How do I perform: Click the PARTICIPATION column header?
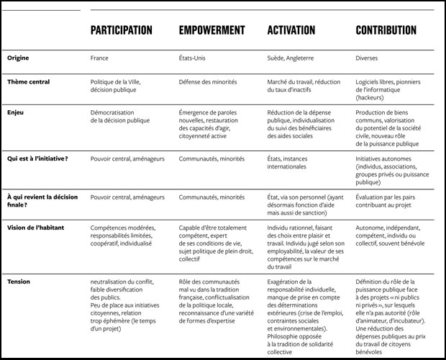(x=121, y=30)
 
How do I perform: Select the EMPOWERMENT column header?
(x=211, y=30)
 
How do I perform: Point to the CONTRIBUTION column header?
(x=386, y=30)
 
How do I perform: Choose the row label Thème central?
(x=29, y=82)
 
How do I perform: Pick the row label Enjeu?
(x=16, y=113)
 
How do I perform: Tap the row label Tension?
(x=19, y=281)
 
